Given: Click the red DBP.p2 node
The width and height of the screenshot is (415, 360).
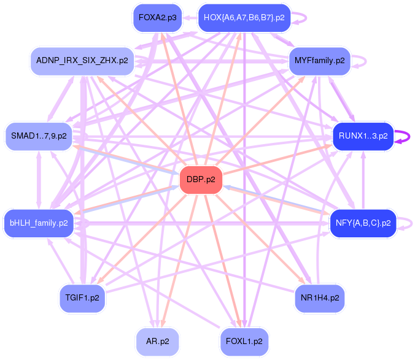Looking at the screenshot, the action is (x=201, y=180).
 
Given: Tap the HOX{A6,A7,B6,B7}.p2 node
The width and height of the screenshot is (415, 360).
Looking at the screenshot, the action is (x=244, y=18).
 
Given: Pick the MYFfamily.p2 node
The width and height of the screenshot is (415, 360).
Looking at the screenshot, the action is (x=319, y=61).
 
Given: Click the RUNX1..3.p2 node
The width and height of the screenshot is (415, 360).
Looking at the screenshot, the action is (x=363, y=136).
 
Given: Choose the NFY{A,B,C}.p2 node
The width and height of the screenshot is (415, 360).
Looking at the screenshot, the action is (x=363, y=223).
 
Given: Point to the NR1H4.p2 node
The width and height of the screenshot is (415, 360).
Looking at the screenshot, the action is (x=319, y=297).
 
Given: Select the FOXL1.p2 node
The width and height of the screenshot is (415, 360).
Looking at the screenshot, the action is (x=244, y=341).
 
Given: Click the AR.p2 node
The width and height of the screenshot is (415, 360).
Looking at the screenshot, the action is (x=157, y=341).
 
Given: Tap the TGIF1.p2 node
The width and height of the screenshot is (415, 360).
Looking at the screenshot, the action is (x=82, y=297).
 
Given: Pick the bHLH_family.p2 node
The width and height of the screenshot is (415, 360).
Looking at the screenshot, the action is (x=39, y=223).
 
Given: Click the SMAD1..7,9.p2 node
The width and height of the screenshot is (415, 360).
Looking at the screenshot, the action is (x=39, y=136).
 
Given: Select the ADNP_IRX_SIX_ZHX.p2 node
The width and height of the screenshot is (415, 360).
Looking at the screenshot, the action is (x=82, y=61).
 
